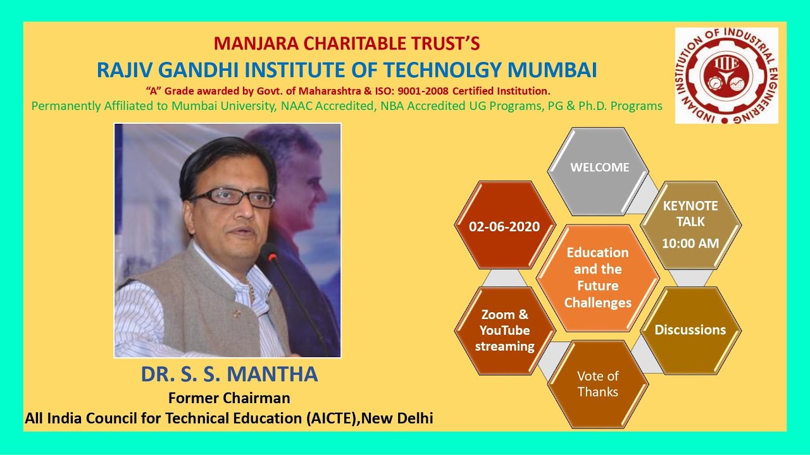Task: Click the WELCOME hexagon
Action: click(x=599, y=167)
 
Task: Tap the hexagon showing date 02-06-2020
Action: click(x=504, y=226)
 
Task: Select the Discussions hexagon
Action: click(x=690, y=330)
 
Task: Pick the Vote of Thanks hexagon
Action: click(x=598, y=384)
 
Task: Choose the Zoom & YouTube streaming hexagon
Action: click(x=504, y=330)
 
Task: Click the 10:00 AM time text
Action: click(x=690, y=243)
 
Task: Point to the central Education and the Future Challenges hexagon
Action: click(x=598, y=277)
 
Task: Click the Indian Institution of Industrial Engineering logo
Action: click(x=726, y=75)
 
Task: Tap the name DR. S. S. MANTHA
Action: click(x=229, y=374)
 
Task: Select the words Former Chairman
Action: click(x=229, y=398)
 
